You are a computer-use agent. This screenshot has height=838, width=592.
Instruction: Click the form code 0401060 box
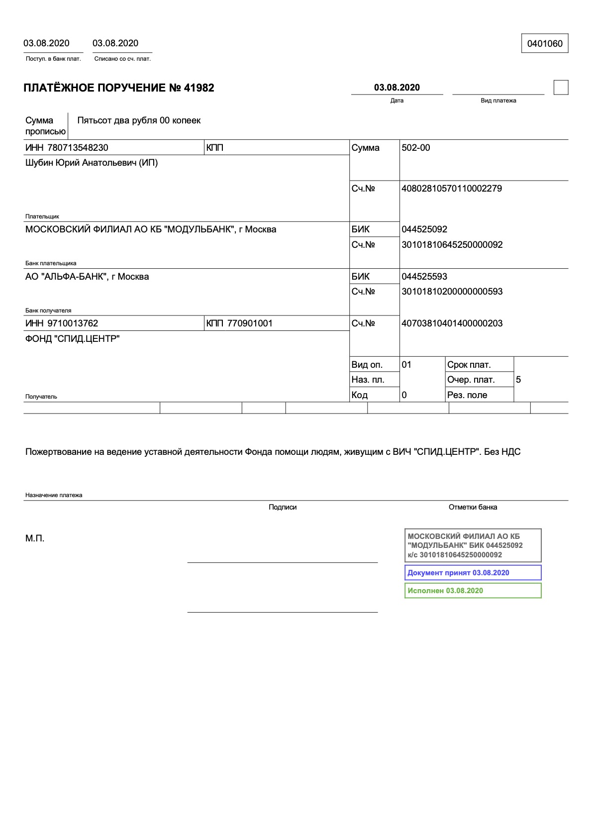(x=544, y=44)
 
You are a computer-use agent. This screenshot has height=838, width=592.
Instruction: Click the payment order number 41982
(x=199, y=88)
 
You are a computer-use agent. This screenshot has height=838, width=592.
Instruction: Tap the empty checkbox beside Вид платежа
(x=561, y=88)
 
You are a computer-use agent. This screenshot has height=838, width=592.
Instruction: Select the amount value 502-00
(x=416, y=148)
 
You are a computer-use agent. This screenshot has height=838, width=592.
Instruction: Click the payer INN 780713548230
(x=78, y=148)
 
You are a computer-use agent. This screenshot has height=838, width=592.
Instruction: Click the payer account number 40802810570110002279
(x=452, y=189)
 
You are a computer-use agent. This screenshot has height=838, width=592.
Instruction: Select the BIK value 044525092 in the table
(x=424, y=229)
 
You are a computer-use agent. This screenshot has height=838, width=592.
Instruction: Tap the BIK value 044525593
(x=424, y=277)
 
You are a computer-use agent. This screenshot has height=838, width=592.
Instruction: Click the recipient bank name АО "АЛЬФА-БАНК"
(x=87, y=277)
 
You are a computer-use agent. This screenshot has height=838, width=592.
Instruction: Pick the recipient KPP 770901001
(x=250, y=323)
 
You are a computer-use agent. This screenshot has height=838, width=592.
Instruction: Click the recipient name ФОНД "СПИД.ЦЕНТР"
(x=73, y=339)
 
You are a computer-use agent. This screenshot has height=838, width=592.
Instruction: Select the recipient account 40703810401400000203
(x=452, y=323)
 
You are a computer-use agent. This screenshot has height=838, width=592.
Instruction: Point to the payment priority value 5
(x=518, y=380)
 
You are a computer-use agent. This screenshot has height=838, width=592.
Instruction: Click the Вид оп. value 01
(x=406, y=365)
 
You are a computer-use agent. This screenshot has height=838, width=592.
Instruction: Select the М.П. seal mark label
(x=35, y=538)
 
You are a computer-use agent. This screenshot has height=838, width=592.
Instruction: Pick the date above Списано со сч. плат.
(x=115, y=43)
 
